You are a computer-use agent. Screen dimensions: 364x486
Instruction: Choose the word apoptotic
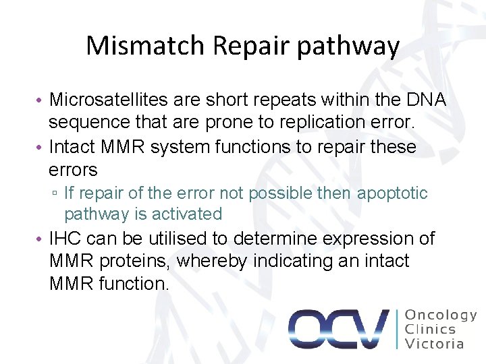pos(392,193)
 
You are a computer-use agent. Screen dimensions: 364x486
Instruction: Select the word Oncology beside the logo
pos(441,315)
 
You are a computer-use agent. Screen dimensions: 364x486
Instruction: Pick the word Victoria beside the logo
pos(435,344)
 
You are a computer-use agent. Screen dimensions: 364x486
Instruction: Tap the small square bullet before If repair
pos(54,194)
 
